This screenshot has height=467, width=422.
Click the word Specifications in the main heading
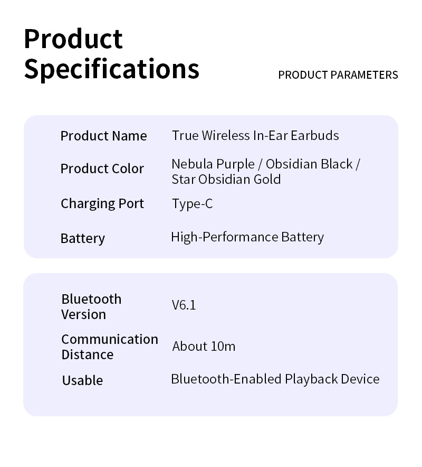(x=111, y=70)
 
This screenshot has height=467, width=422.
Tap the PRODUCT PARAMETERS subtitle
(x=338, y=75)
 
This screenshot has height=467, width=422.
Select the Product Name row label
(x=103, y=136)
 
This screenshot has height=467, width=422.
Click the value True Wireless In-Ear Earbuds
(x=255, y=136)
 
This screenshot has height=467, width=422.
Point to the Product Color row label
(x=102, y=169)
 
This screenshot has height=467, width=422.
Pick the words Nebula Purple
(x=213, y=164)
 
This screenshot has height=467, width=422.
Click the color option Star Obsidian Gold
(x=226, y=179)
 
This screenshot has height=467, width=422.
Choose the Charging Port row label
(x=102, y=204)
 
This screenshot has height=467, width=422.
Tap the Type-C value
(x=193, y=204)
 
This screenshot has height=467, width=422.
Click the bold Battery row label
(x=83, y=239)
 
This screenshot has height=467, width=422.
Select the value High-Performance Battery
(x=247, y=237)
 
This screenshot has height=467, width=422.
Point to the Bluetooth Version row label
(x=91, y=307)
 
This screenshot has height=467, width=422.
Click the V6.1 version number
(x=184, y=305)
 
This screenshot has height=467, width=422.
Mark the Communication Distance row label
(x=110, y=347)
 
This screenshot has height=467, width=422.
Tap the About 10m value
(x=204, y=347)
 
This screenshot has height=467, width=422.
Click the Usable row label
(x=82, y=381)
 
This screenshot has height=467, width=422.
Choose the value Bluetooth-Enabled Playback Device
(x=275, y=379)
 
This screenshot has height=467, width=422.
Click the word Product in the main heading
(x=73, y=39)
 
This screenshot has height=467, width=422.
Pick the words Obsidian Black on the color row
(x=309, y=164)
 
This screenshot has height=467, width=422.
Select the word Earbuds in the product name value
(x=314, y=136)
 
